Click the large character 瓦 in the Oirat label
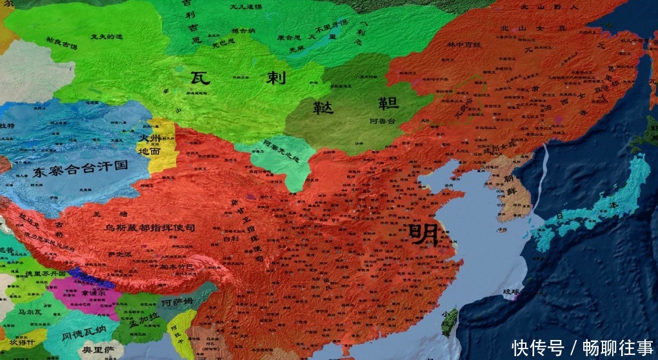(200, 78)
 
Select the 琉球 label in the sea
(511, 292)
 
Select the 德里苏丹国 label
(45, 274)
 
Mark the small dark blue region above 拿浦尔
(90, 276)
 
